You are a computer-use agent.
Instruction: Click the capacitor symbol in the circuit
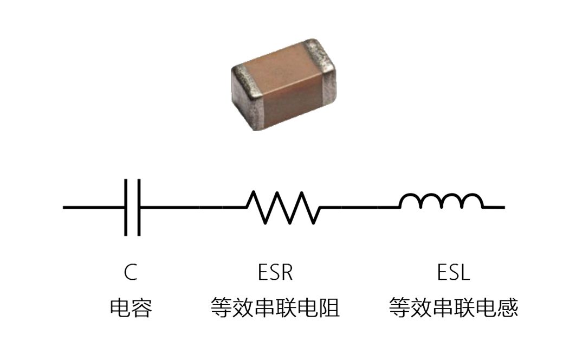click(x=132, y=208)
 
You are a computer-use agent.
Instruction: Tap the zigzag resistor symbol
click(x=283, y=208)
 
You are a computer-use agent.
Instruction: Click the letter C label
click(x=131, y=273)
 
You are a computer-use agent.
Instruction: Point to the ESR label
click(x=275, y=273)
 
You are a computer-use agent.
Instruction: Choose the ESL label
click(x=454, y=273)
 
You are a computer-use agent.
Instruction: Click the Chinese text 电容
click(x=131, y=308)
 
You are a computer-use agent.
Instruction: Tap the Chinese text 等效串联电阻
click(x=275, y=308)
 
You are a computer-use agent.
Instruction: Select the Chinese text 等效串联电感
click(x=454, y=308)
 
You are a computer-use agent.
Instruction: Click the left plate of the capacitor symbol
click(x=126, y=208)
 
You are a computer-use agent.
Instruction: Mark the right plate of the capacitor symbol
click(x=139, y=208)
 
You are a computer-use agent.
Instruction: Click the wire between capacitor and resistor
click(x=193, y=208)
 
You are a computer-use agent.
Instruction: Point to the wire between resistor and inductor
click(x=360, y=208)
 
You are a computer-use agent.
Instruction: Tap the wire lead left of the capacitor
click(x=93, y=208)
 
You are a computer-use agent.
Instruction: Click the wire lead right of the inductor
click(x=494, y=208)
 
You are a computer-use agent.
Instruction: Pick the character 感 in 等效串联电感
click(x=508, y=308)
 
